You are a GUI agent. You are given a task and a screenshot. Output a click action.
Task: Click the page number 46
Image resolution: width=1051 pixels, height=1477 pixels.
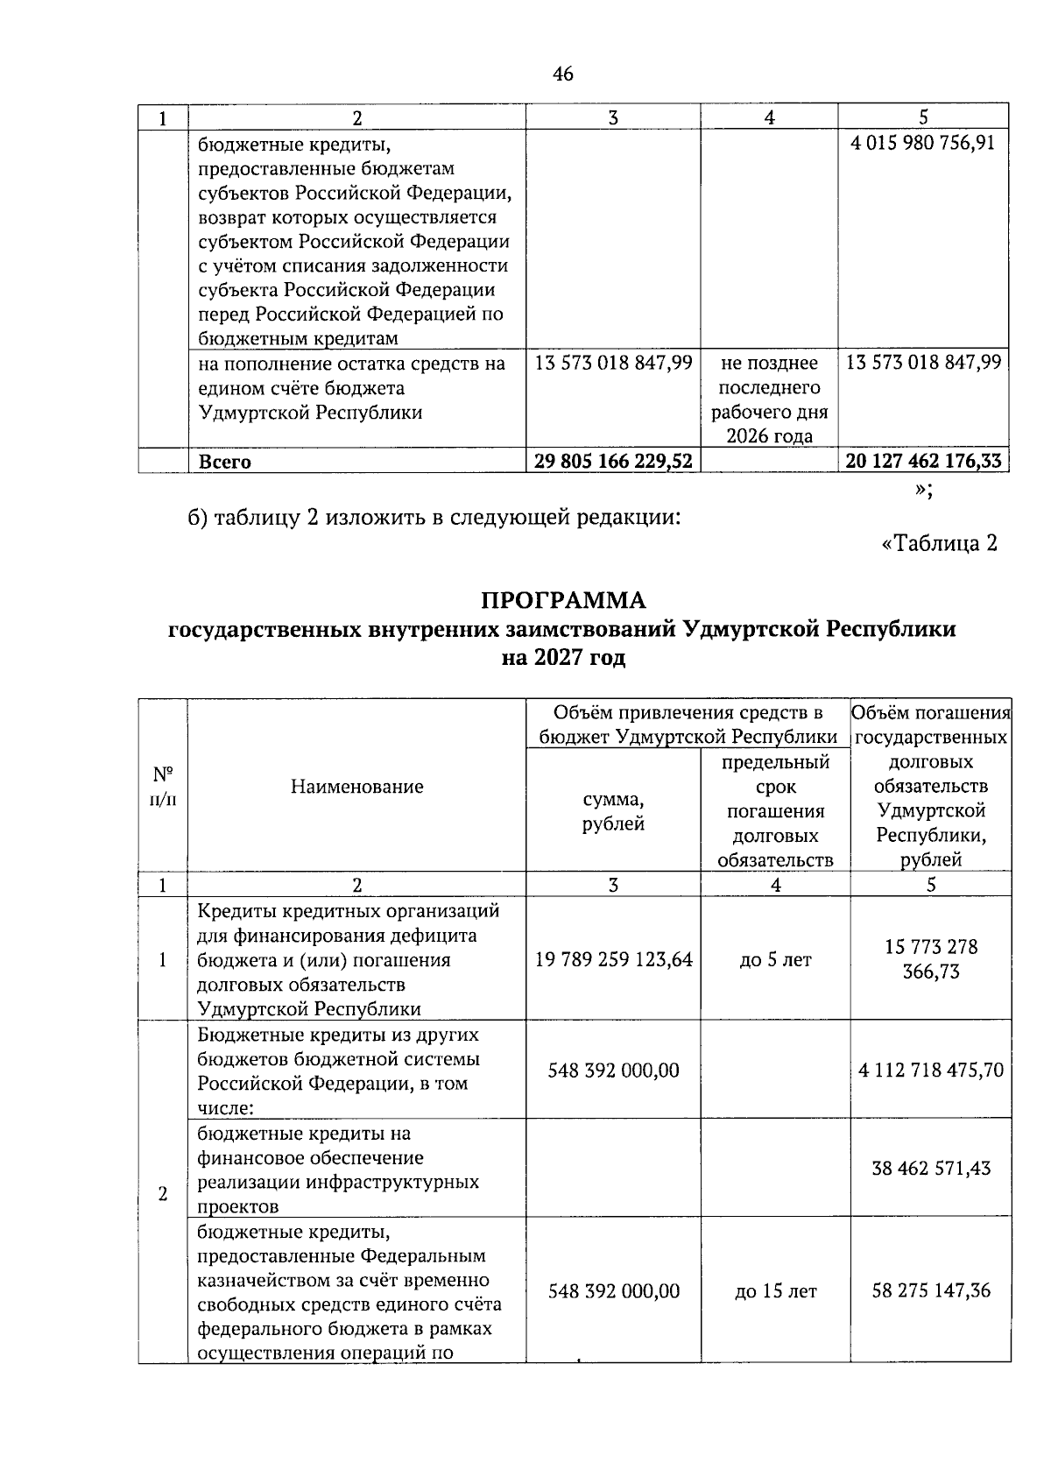pyautogui.click(x=563, y=74)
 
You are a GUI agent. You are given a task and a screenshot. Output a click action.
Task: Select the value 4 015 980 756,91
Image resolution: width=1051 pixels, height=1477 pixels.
pyautogui.click(x=923, y=143)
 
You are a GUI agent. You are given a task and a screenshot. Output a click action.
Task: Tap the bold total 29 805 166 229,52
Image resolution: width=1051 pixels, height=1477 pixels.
pyautogui.click(x=613, y=462)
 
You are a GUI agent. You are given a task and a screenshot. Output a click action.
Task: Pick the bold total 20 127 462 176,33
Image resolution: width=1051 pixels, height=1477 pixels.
pyautogui.click(x=923, y=462)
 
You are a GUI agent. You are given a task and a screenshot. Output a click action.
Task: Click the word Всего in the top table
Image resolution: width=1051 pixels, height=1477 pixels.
pyautogui.click(x=225, y=462)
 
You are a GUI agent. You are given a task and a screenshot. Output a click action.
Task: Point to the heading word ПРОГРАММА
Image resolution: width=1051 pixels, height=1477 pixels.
pyautogui.click(x=563, y=600)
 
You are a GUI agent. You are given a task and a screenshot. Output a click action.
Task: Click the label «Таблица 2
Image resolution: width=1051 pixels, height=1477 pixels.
pyautogui.click(x=939, y=543)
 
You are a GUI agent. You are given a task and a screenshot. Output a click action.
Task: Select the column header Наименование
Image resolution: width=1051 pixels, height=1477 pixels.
pyautogui.click(x=356, y=786)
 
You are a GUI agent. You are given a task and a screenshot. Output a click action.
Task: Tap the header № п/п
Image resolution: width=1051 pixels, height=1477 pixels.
pyautogui.click(x=163, y=786)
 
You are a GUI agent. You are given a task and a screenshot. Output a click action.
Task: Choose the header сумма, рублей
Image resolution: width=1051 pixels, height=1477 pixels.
pyautogui.click(x=613, y=811)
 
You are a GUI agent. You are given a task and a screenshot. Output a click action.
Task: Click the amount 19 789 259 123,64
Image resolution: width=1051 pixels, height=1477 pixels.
pyautogui.click(x=613, y=960)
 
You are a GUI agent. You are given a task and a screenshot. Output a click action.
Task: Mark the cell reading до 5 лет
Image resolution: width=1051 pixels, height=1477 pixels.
pyautogui.click(x=775, y=960)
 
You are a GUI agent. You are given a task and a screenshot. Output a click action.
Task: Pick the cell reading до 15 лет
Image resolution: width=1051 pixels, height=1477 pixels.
pyautogui.click(x=775, y=1291)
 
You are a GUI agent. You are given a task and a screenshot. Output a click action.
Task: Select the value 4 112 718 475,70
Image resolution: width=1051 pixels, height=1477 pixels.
pyautogui.click(x=931, y=1070)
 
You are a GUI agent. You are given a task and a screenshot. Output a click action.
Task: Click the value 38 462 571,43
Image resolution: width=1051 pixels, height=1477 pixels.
pyautogui.click(x=931, y=1168)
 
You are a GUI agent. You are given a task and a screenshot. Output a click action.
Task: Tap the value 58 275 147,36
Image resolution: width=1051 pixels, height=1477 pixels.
pyautogui.click(x=931, y=1290)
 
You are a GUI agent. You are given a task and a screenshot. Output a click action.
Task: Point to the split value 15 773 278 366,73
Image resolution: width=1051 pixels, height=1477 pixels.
pyautogui.click(x=931, y=959)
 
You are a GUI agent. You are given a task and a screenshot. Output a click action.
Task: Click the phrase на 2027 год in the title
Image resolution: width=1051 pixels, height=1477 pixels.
pyautogui.click(x=563, y=658)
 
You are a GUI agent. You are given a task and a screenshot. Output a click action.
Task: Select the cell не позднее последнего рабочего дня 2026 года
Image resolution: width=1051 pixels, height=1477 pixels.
pyautogui.click(x=769, y=399)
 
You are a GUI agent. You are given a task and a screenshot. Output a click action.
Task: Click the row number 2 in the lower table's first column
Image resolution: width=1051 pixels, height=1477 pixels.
pyautogui.click(x=163, y=1193)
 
